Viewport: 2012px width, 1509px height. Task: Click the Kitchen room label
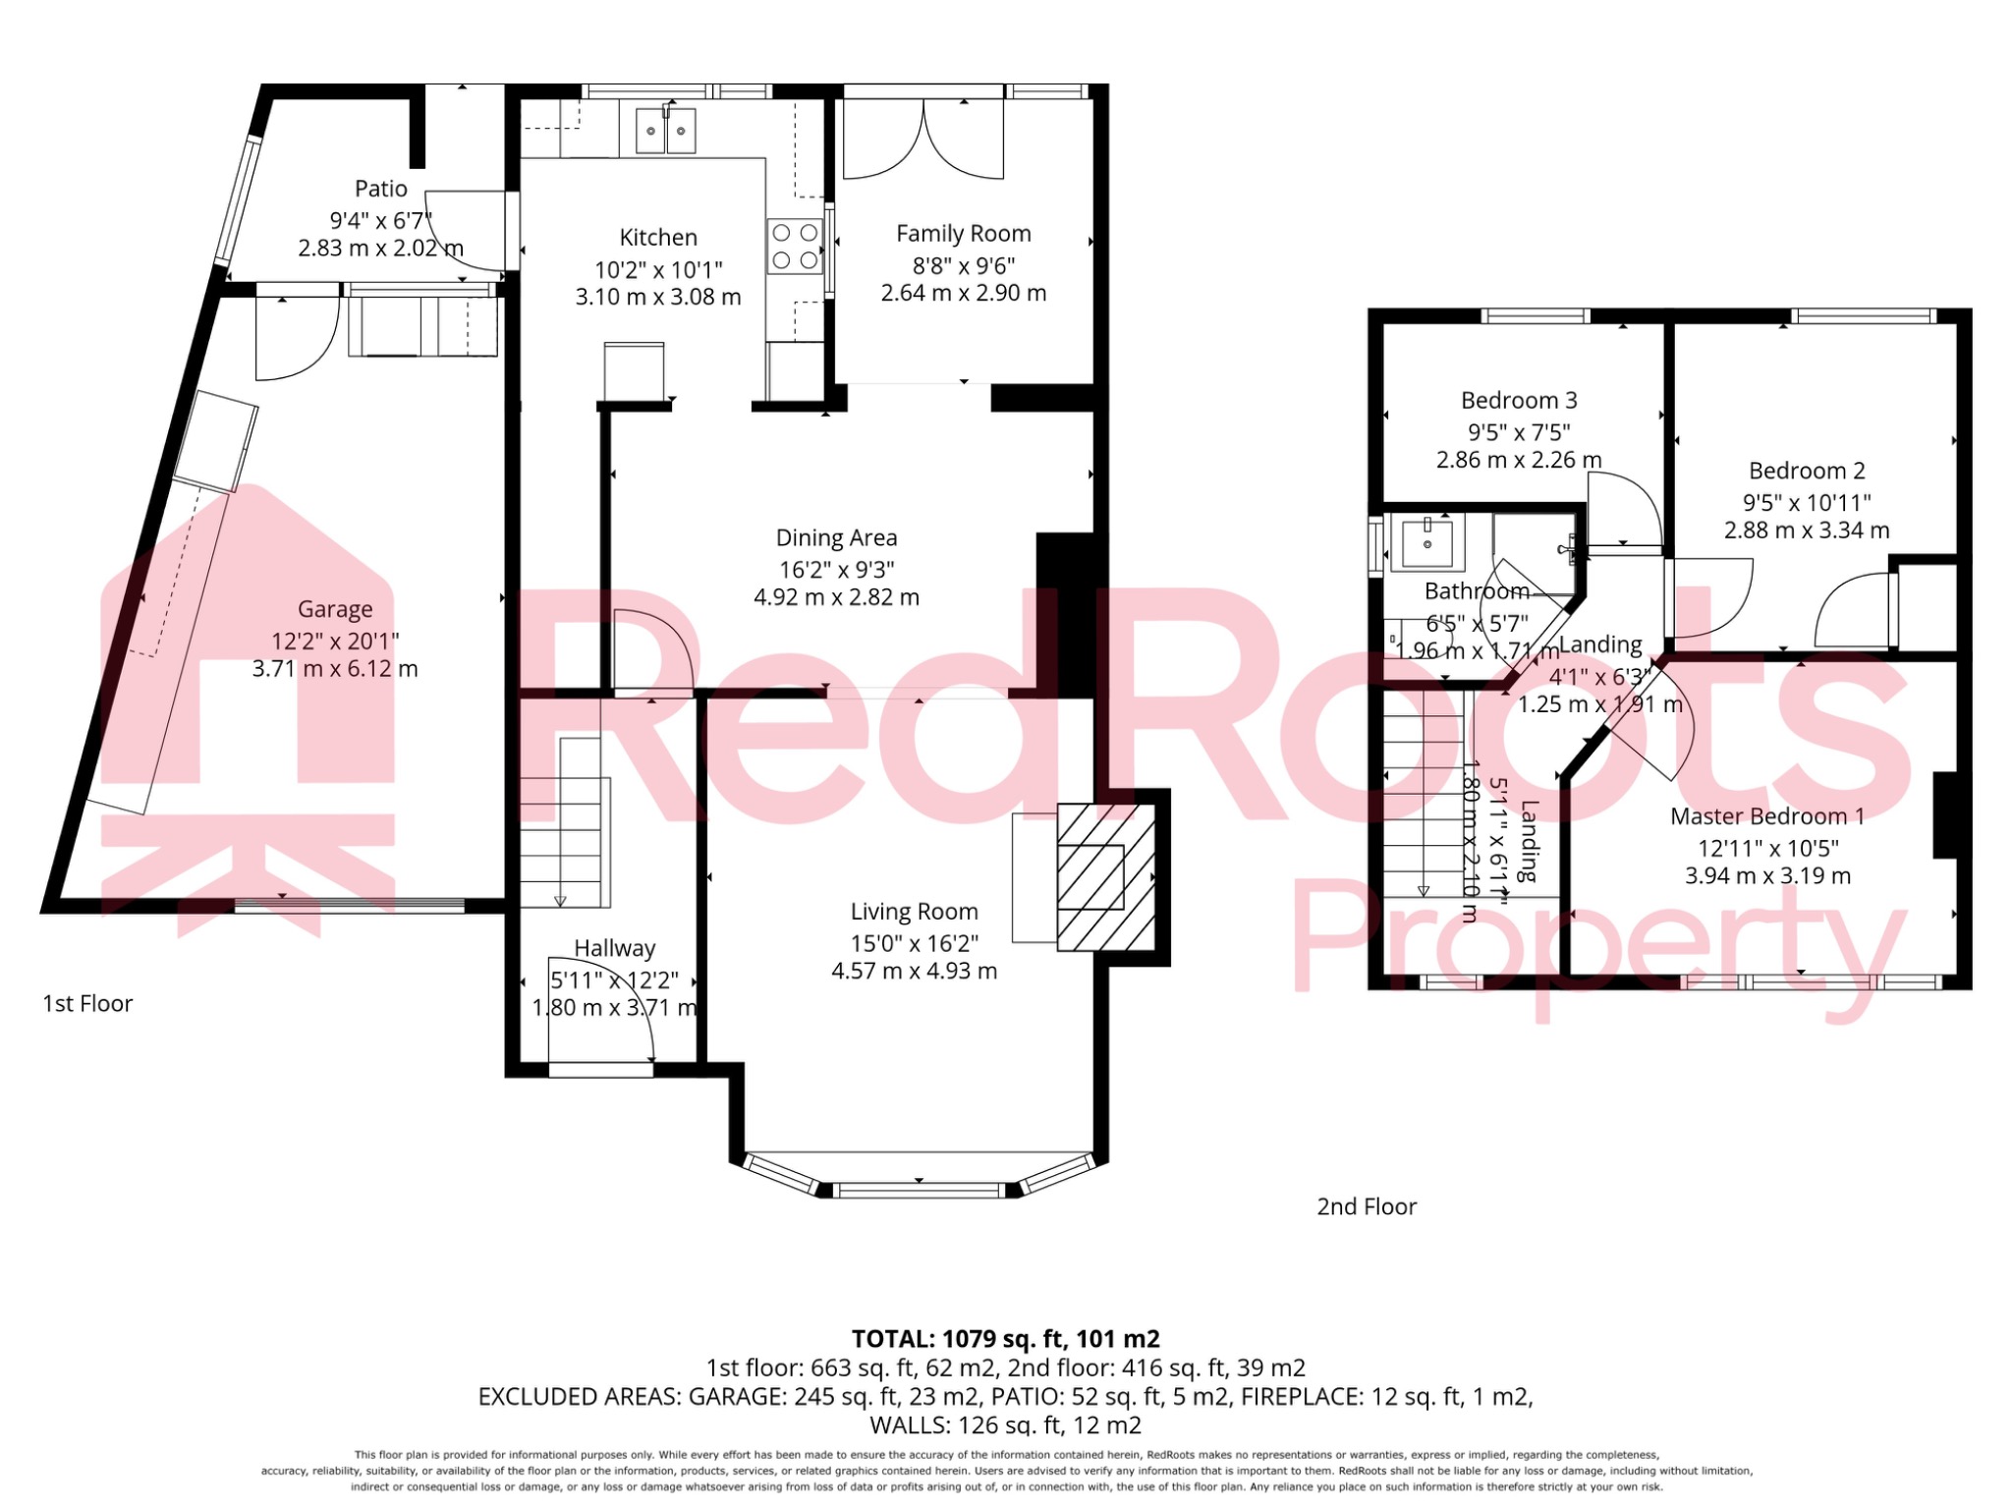[x=658, y=238]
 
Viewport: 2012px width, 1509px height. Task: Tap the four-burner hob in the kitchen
[x=795, y=247]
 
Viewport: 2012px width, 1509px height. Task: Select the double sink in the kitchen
[x=665, y=131]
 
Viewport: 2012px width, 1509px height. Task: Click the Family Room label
[x=963, y=234]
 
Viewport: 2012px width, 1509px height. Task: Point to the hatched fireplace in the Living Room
[x=1105, y=877]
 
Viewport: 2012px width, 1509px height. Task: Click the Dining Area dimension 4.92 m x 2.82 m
[x=836, y=597]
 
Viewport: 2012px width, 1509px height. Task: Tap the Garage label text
[x=335, y=610]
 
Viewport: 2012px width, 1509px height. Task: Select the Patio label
[x=380, y=189]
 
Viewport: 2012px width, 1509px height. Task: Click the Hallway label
[x=614, y=949]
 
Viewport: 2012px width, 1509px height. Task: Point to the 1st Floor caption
[x=87, y=1004]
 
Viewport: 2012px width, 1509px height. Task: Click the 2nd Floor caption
[x=1367, y=1207]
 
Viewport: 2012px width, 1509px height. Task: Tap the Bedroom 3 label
[x=1519, y=401]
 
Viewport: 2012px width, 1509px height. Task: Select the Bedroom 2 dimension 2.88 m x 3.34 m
[x=1807, y=531]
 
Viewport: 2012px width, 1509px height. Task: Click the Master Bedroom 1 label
[x=1766, y=816]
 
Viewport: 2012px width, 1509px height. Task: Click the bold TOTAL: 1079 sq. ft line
[x=1005, y=1339]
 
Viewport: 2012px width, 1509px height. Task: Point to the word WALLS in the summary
[x=909, y=1425]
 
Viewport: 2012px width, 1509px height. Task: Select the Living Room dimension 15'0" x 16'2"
[x=914, y=944]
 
